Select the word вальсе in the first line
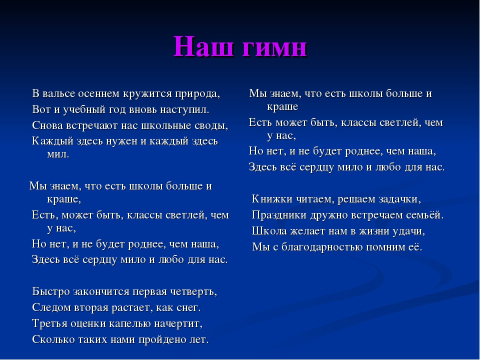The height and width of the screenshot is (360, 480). pyautogui.click(x=59, y=93)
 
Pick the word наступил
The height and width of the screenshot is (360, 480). pyautogui.click(x=184, y=110)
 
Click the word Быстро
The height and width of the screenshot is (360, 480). pyautogui.click(x=51, y=291)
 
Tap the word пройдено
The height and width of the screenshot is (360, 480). pyautogui.click(x=161, y=340)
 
